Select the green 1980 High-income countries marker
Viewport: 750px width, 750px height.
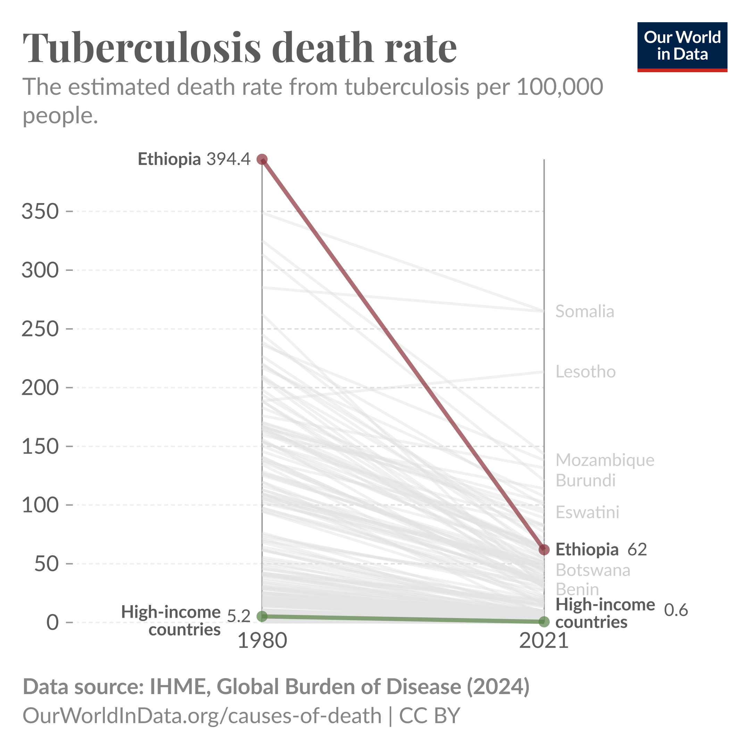262,616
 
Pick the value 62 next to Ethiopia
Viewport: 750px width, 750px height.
637,549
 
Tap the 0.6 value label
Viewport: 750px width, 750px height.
676,610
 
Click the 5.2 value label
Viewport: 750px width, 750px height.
238,616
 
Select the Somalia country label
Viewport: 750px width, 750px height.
585,311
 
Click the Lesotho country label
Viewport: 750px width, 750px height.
585,372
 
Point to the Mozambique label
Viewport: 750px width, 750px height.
605,460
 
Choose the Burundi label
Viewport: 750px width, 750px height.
585,481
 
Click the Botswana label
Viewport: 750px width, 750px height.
593,570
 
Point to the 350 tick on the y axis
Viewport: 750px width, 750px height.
40,211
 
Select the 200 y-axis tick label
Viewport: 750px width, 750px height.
40,387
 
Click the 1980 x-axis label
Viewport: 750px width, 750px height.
262,641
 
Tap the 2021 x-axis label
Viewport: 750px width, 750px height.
544,641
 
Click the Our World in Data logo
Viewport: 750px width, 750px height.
682,47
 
